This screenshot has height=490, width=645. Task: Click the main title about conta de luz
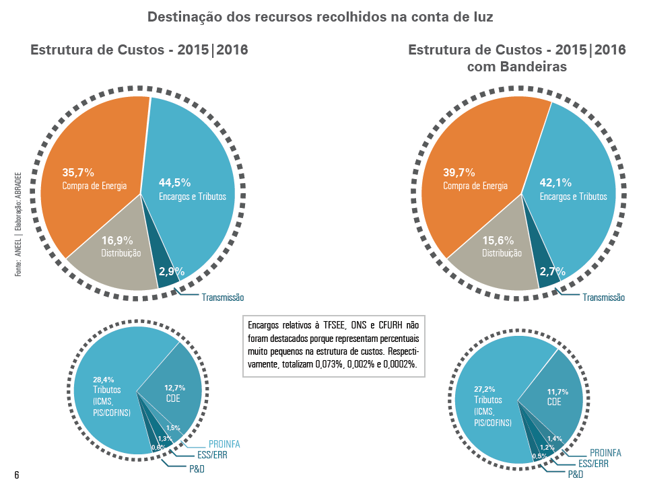(x=320, y=17)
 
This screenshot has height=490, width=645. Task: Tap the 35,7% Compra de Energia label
(x=94, y=179)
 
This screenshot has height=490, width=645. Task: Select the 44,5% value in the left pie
(x=175, y=182)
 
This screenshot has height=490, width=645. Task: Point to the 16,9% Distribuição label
(x=121, y=246)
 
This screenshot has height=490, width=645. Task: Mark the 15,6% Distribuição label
(x=502, y=246)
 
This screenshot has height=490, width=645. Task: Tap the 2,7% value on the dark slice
(x=552, y=272)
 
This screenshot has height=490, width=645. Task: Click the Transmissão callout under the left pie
(x=223, y=297)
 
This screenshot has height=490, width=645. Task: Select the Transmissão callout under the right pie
(x=604, y=297)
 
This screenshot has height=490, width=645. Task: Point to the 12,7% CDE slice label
(x=174, y=392)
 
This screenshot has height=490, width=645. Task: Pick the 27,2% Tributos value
(x=485, y=389)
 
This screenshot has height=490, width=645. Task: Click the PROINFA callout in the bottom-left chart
(x=224, y=444)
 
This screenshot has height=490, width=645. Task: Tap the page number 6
(x=16, y=476)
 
